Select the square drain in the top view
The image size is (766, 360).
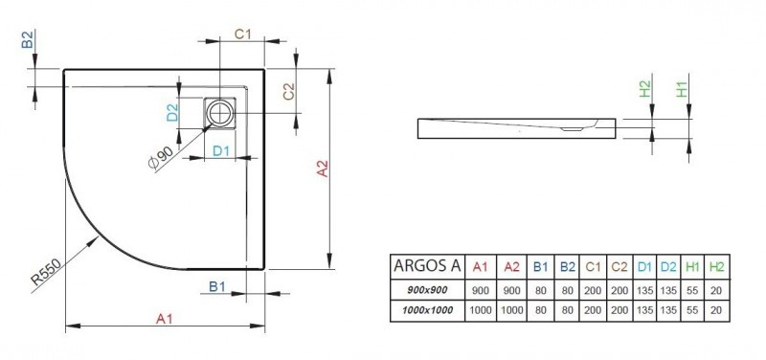tap(223, 113)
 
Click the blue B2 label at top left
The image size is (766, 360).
tap(28, 40)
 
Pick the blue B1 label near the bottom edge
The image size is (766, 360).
tap(216, 285)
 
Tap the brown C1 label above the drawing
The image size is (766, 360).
tap(243, 34)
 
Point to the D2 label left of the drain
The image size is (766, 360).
tap(173, 113)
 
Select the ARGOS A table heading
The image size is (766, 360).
tap(428, 265)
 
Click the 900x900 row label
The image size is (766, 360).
tap(428, 289)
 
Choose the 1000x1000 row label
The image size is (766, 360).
tap(428, 309)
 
